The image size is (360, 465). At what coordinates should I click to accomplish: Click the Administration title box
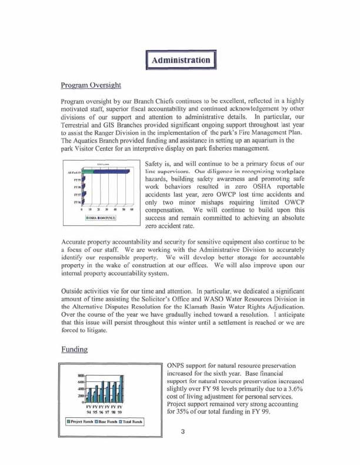pos(180,60)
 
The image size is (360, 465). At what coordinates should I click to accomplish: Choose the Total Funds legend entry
pos(134,421)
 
